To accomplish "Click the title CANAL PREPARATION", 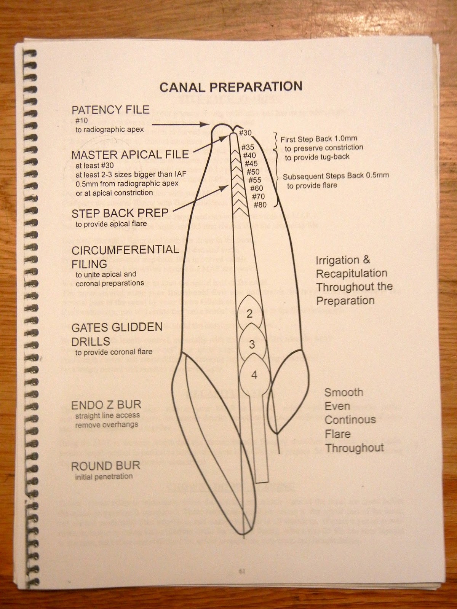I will pyautogui.click(x=231, y=87).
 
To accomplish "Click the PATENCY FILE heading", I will pyautogui.click(x=110, y=110).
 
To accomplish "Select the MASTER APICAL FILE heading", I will pyautogui.click(x=130, y=155).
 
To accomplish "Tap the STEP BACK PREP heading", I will pyautogui.click(x=120, y=214).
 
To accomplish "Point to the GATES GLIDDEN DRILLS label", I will pyautogui.click(x=117, y=333).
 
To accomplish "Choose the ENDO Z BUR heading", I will pyautogui.click(x=105, y=405).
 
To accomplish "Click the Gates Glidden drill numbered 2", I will pyautogui.click(x=250, y=314).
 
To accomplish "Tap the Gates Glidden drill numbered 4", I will pyautogui.click(x=254, y=375).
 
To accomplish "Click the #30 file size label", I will pyautogui.click(x=246, y=133).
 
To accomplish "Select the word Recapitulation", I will pyautogui.click(x=352, y=274).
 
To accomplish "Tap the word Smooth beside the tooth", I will pyautogui.click(x=344, y=392).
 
